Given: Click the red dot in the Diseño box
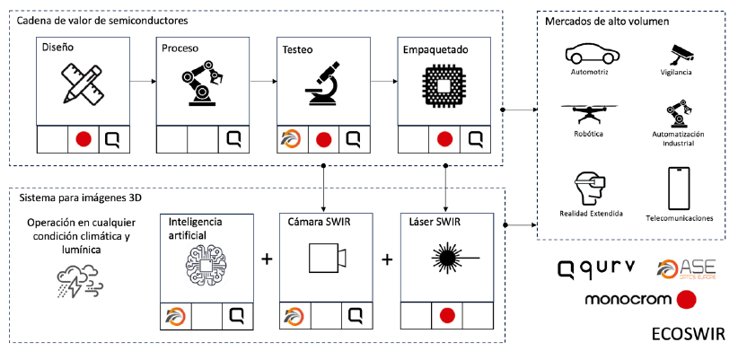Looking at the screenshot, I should tap(83, 139).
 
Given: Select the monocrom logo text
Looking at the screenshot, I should tap(628, 299).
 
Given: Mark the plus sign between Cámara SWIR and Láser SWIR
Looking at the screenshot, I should tap(387, 259).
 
